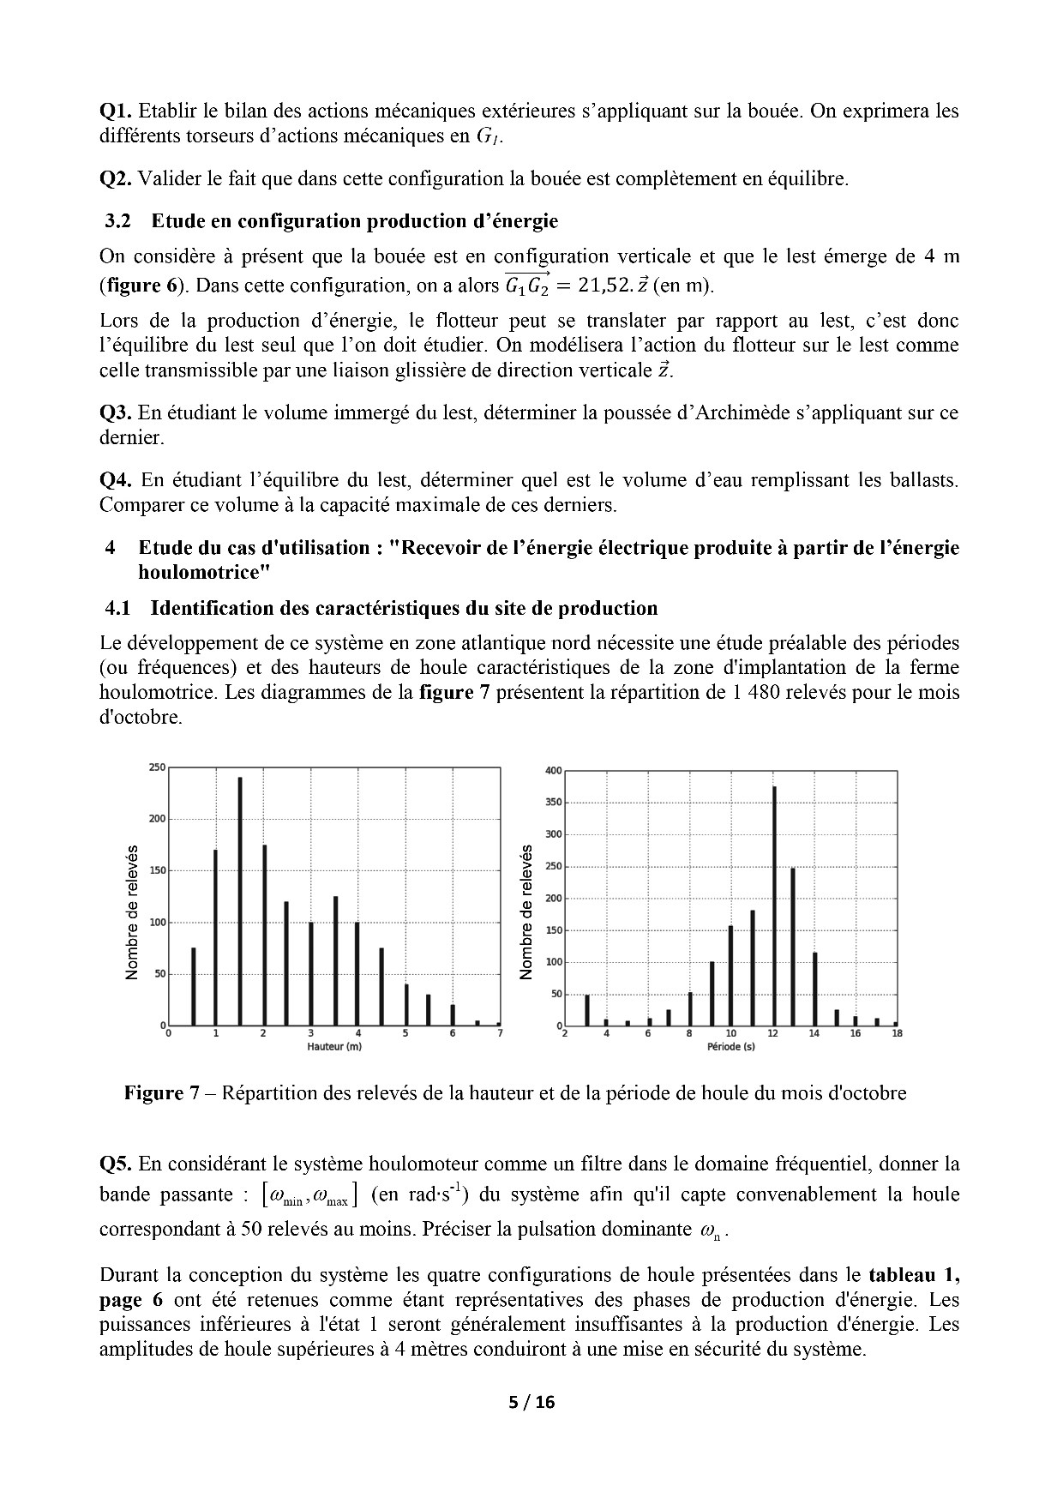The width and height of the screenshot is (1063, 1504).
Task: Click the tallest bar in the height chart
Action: (x=240, y=900)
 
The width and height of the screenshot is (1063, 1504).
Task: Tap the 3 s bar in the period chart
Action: (x=587, y=1010)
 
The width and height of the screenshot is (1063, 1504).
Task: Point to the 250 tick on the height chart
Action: (x=158, y=767)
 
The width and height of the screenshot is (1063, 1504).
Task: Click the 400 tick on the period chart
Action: (x=553, y=771)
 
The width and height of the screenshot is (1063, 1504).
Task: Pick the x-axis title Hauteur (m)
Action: (x=334, y=1047)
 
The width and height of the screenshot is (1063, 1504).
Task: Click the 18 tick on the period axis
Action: (x=897, y=1034)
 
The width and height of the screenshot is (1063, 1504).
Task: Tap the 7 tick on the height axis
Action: (x=500, y=1033)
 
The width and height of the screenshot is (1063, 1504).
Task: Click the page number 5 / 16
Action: (x=531, y=1403)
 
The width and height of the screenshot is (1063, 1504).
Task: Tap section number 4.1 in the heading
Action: (x=117, y=609)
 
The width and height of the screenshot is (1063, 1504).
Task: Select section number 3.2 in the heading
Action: (x=117, y=221)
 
